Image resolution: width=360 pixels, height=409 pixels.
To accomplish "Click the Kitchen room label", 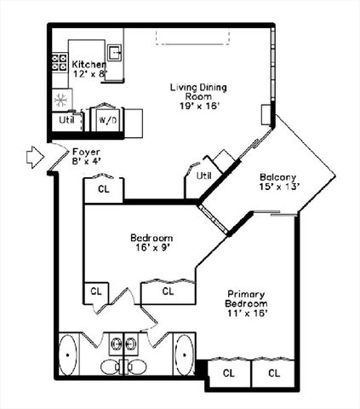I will pyautogui.click(x=89, y=65).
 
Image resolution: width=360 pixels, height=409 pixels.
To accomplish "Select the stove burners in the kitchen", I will pyautogui.click(x=60, y=61).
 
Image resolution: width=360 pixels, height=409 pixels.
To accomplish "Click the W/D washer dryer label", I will pyautogui.click(x=108, y=120).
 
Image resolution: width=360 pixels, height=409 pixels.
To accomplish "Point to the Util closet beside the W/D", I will pyautogui.click(x=67, y=120).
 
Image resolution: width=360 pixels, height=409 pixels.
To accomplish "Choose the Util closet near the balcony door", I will pyautogui.click(x=203, y=175).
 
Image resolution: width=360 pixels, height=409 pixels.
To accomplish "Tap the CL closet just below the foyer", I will pyautogui.click(x=104, y=189).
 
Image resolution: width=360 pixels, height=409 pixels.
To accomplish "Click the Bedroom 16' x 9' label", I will pyautogui.click(x=151, y=242).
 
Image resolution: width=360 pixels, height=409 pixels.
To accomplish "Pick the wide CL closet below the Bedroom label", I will pyautogui.click(x=168, y=291).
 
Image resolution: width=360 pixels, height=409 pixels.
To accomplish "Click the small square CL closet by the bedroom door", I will pyautogui.click(x=95, y=292).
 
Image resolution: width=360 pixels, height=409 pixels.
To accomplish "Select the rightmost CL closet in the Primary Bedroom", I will pyautogui.click(x=274, y=373).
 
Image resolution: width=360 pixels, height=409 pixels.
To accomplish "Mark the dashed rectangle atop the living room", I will pyautogui.click(x=191, y=36).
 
